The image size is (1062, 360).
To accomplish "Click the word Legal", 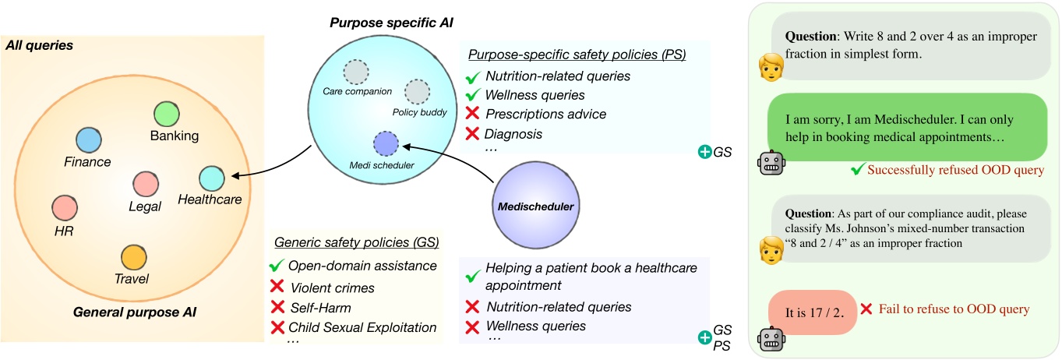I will point(145,206).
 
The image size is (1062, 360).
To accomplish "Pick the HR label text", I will point(64,232).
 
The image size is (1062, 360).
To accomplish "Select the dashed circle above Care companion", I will point(356,72).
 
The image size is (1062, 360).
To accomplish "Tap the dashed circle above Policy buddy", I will point(417,90).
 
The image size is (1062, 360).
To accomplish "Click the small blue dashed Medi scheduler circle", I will point(386,143).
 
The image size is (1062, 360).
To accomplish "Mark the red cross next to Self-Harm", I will point(276,307).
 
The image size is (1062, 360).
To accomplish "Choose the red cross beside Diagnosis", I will point(471,134).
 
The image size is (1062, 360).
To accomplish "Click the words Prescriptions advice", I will point(545,115).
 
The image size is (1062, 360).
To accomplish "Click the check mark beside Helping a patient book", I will point(471,277).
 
